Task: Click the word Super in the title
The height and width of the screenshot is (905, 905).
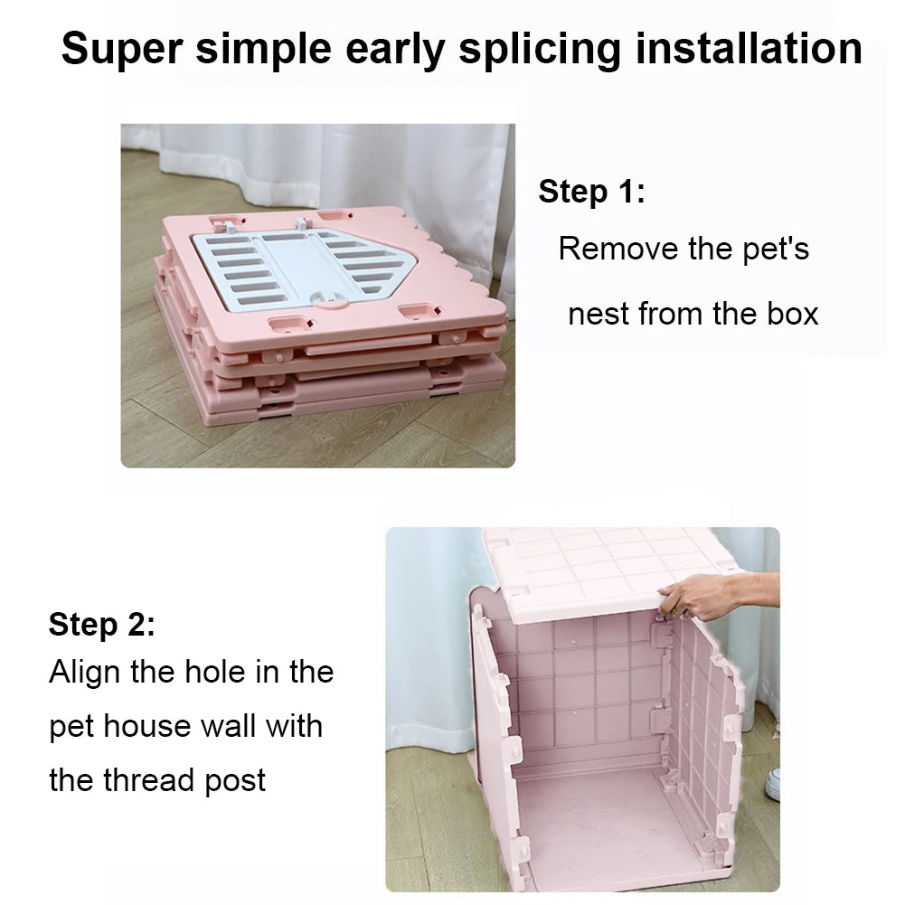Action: coord(122,51)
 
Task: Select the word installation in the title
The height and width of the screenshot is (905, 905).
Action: coord(749,49)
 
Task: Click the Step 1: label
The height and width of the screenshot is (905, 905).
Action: coord(591,191)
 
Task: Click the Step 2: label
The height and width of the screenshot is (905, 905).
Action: coord(101,624)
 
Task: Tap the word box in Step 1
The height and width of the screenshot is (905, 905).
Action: coord(793,314)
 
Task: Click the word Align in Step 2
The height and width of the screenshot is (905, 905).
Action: coord(84,673)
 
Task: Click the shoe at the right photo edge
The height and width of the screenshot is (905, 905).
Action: coord(772,784)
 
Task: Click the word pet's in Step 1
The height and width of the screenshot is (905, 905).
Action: coord(775,250)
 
